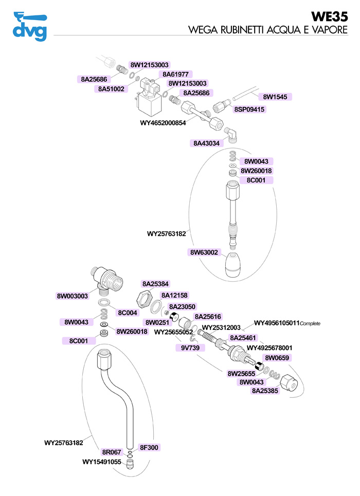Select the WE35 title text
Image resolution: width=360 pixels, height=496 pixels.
point(329,17)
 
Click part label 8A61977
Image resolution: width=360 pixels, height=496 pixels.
point(175,75)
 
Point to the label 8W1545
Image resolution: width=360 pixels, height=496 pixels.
point(275,97)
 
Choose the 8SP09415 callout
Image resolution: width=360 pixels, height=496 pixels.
point(249,109)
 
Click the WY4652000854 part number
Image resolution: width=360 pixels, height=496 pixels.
point(163,123)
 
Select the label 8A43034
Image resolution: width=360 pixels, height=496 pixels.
point(206,143)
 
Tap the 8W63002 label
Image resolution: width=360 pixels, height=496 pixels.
point(204,252)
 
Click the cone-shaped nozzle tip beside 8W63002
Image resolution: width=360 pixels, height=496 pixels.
point(233,265)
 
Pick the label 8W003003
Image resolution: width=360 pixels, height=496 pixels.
point(72,296)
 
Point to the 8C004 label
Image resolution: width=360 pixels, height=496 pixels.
point(127,313)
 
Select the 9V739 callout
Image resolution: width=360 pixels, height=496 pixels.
point(190,348)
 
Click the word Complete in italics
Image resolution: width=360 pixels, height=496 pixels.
point(310,324)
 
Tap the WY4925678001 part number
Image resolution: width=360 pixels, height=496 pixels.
point(269,348)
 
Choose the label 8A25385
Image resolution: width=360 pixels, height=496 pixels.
point(265,391)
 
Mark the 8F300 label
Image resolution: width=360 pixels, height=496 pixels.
point(149,448)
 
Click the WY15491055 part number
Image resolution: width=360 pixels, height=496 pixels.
point(102,462)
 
